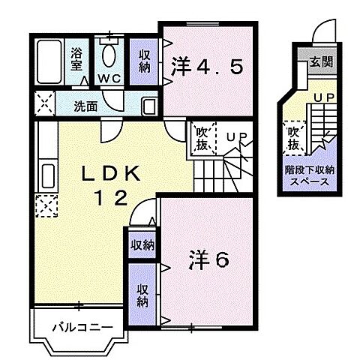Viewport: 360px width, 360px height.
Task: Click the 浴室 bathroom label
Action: point(76,60)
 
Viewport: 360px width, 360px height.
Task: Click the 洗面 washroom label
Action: point(85,106)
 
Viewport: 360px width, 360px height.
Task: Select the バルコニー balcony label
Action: point(82,327)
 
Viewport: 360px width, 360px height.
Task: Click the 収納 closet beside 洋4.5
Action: point(145,61)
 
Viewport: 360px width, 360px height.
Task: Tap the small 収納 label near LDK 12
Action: point(142,244)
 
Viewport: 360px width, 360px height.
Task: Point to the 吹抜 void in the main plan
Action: point(201,137)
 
